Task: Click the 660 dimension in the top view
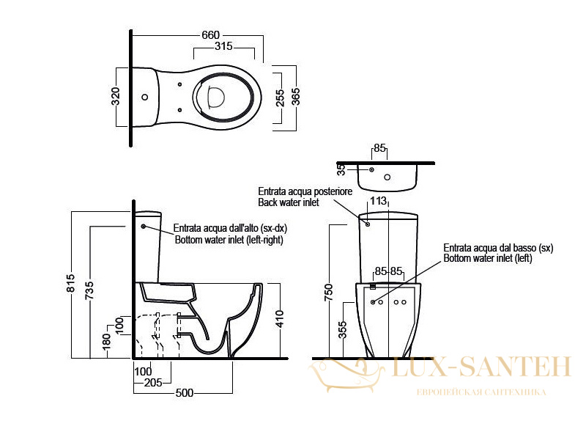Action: (210, 35)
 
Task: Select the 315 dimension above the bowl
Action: (223, 46)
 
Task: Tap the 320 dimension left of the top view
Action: (116, 96)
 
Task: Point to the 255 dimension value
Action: (280, 98)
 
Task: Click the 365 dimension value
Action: (295, 97)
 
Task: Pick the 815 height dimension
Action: (70, 283)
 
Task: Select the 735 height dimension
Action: (89, 290)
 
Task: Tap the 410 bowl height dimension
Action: (280, 319)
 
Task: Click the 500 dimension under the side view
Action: (185, 393)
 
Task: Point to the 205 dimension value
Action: (153, 383)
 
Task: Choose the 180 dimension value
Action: (106, 342)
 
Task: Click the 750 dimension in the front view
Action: (328, 293)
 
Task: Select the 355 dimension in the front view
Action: (342, 329)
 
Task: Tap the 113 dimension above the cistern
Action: (378, 201)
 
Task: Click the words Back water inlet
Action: (289, 203)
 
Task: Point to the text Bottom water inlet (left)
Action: (488, 258)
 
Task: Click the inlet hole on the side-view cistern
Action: (143, 227)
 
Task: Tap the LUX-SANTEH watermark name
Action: (481, 366)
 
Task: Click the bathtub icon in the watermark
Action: (346, 374)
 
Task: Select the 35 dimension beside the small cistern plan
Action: (341, 169)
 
